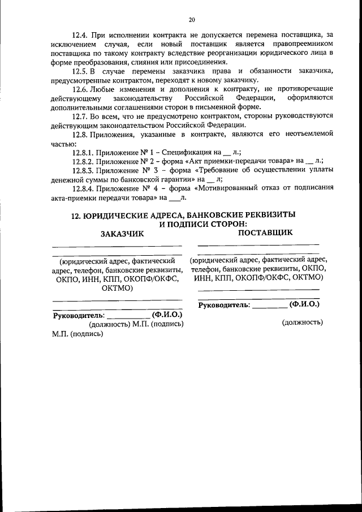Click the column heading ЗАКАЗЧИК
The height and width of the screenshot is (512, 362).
(x=122, y=233)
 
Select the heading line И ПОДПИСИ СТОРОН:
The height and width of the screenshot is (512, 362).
(x=196, y=224)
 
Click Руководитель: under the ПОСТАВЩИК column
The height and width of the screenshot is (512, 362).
(x=224, y=304)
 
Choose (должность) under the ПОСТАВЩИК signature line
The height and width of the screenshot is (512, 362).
(x=302, y=322)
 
